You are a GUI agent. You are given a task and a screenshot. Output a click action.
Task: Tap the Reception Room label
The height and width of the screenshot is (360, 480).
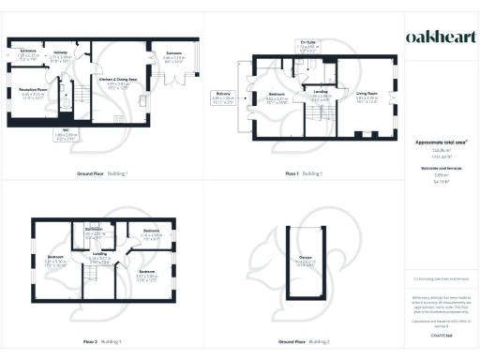tap(34, 92)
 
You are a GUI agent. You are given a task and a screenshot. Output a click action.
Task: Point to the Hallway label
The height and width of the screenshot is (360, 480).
tap(63, 52)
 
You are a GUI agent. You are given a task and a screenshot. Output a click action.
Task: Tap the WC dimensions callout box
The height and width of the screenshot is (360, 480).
tap(67, 136)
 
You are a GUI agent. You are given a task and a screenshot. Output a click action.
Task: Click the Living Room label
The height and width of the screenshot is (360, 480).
tap(353, 93)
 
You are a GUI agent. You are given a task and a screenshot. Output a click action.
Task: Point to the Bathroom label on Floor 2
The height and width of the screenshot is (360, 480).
tap(94, 230)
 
